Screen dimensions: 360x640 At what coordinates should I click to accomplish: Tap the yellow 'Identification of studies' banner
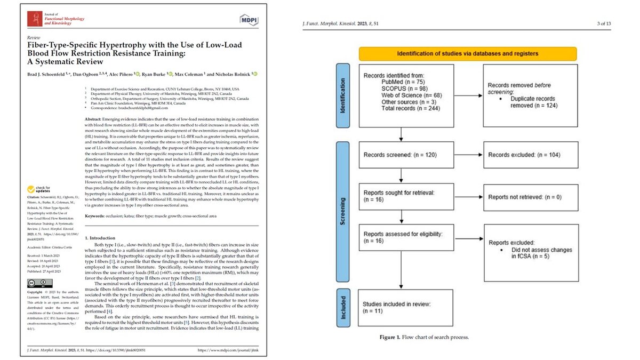(x=468, y=53)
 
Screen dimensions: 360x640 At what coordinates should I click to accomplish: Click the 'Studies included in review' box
(x=405, y=305)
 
